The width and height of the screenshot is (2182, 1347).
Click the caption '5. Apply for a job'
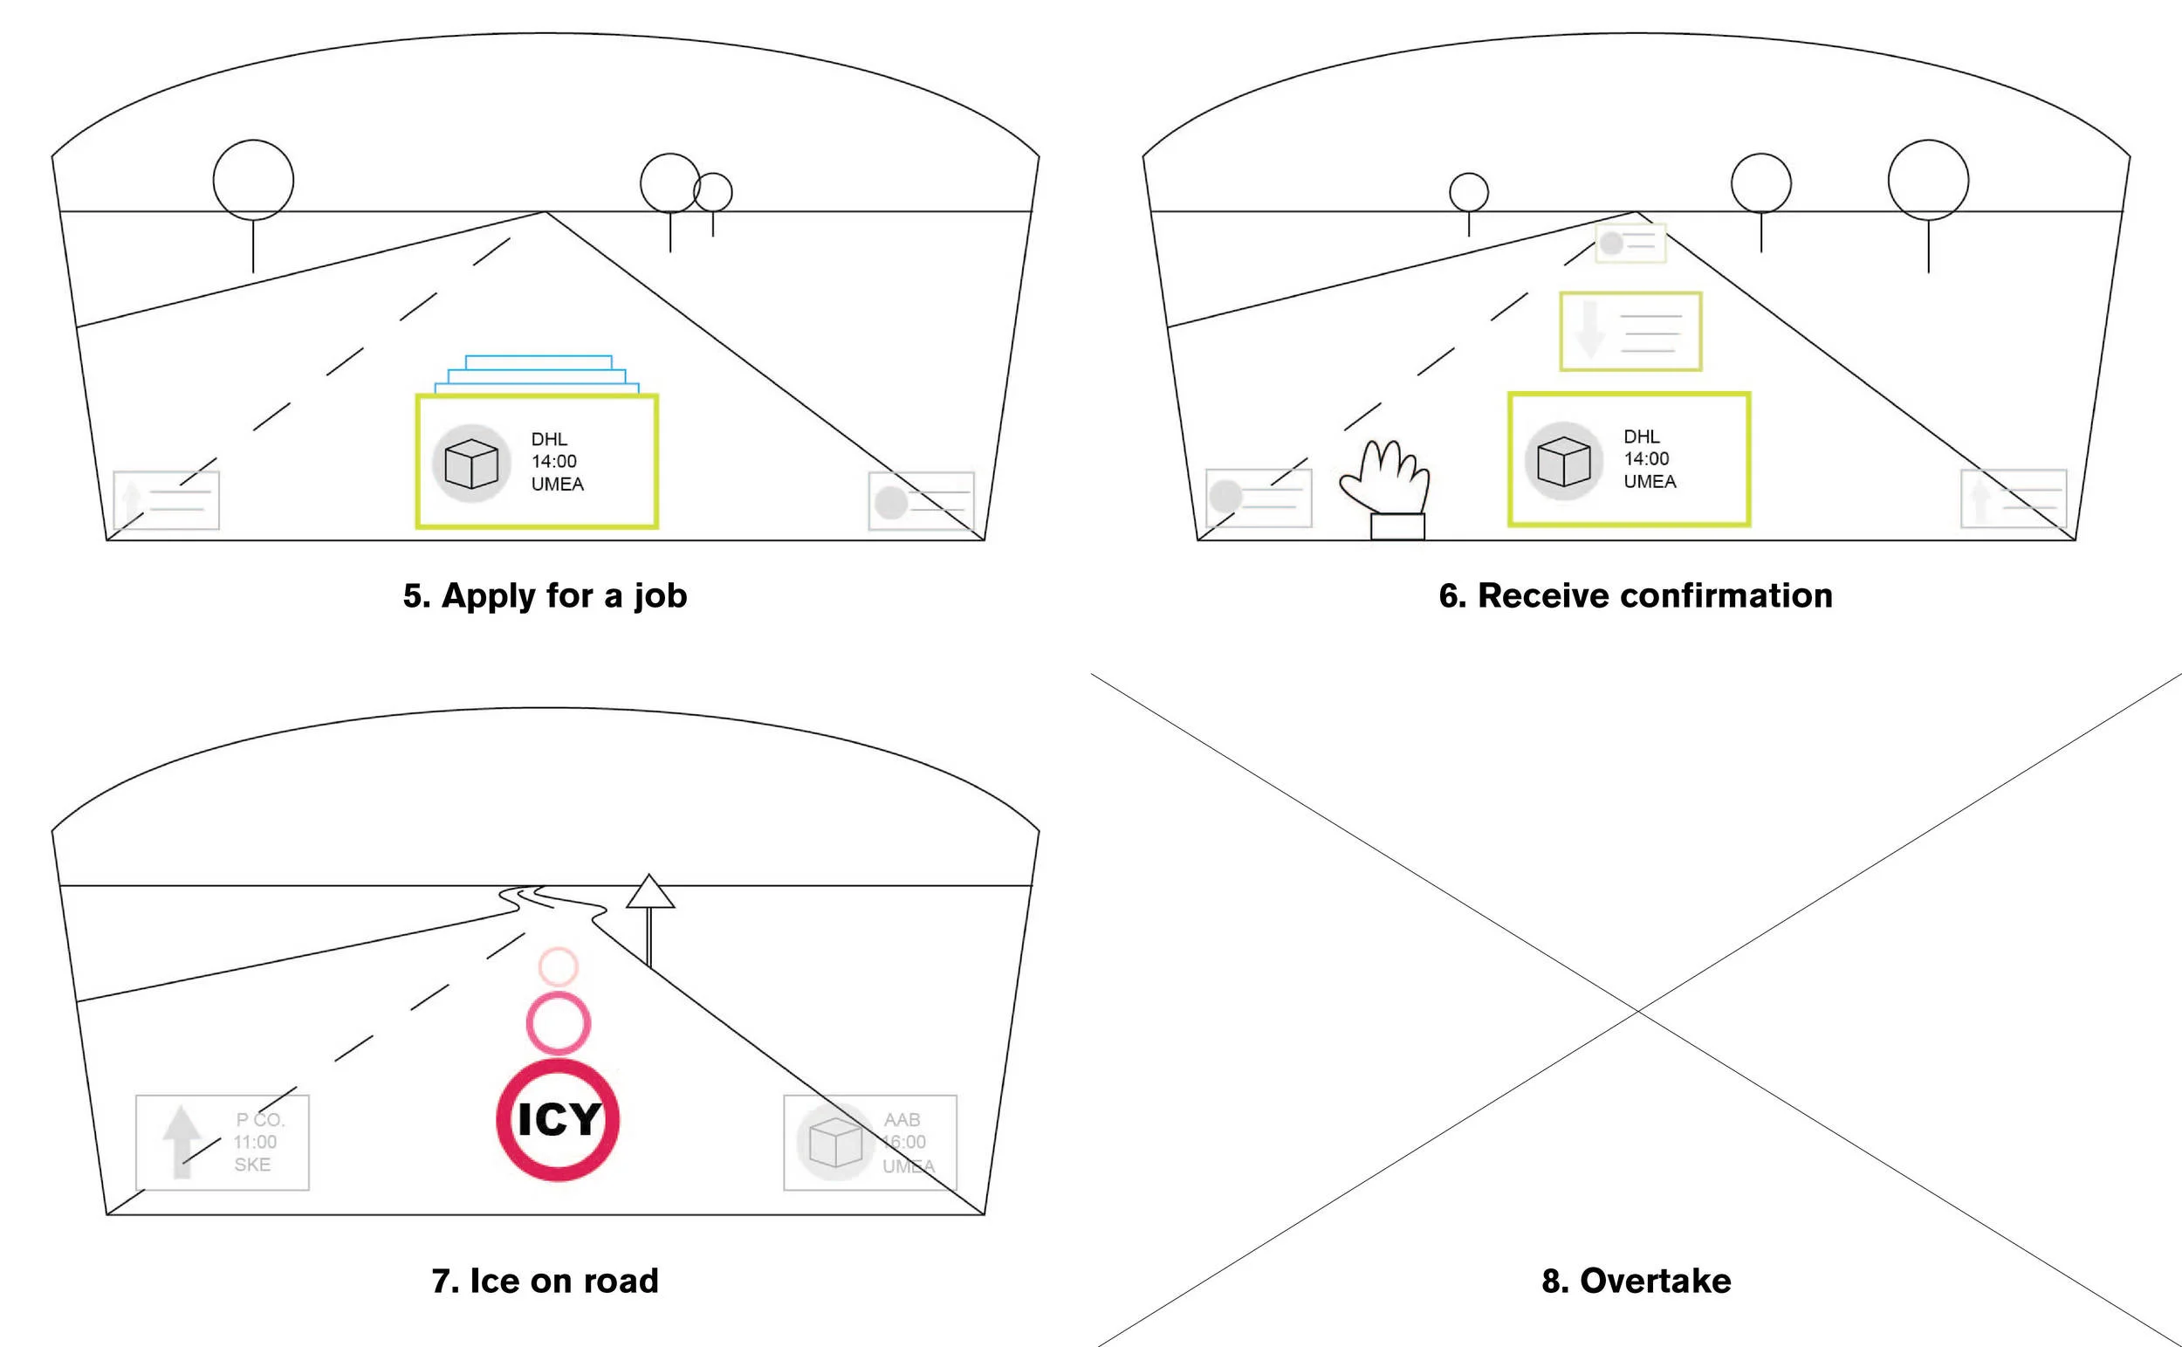[545, 596]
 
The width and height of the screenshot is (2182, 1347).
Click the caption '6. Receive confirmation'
[1635, 596]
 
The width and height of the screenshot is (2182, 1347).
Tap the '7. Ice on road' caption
[545, 1281]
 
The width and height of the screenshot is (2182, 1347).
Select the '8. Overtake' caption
[1636, 1281]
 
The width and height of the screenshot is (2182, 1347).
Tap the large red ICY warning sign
[559, 1120]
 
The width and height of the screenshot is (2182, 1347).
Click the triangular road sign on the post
[650, 893]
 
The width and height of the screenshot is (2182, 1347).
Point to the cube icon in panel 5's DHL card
[471, 464]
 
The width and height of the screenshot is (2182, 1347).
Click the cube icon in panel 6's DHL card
[1563, 461]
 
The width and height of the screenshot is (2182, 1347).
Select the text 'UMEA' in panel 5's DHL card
[558, 485]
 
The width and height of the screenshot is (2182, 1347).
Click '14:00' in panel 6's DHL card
[1646, 459]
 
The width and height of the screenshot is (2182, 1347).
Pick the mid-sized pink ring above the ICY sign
[559, 1024]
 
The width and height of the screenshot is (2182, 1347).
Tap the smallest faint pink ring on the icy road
[559, 966]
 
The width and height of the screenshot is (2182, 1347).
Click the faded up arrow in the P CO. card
[182, 1140]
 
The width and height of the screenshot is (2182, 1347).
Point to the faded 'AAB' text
[902, 1120]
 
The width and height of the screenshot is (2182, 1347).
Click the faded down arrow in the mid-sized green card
[1588, 331]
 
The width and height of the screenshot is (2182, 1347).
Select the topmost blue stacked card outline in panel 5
[539, 361]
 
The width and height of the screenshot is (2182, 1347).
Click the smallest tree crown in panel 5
[712, 192]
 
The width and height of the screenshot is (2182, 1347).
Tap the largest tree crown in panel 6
[1928, 180]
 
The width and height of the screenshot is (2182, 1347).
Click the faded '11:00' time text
[256, 1142]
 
